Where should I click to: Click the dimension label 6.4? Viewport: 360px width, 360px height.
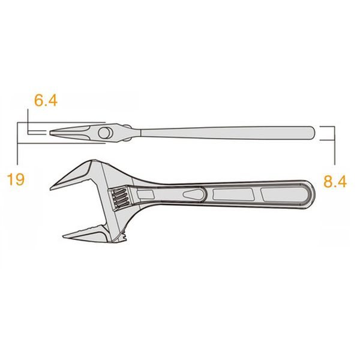[x=46, y=100]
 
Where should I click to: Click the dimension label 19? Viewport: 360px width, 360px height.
[x=16, y=179]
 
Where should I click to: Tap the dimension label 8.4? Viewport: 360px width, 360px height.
[x=335, y=181]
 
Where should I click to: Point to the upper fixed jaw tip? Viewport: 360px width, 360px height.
[x=51, y=188]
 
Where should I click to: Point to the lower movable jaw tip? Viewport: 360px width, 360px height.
[x=64, y=236]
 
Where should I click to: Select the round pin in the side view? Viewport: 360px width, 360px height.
[x=104, y=133]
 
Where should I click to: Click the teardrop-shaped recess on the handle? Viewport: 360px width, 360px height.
[x=194, y=194]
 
